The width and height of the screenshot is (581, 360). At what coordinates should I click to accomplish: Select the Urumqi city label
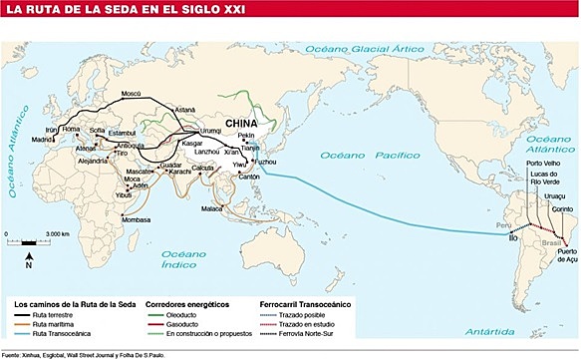(x=213, y=132)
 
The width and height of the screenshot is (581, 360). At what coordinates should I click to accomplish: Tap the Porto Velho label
(x=547, y=164)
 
